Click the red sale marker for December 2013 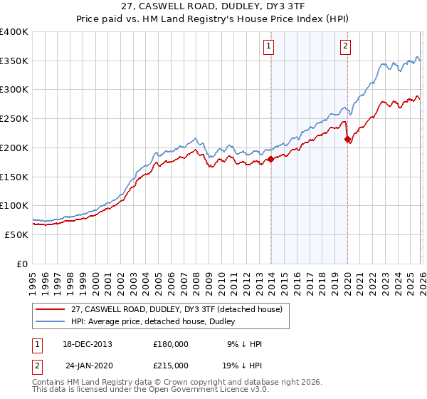[271, 160]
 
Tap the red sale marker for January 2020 [347, 140]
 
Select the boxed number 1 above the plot [269, 47]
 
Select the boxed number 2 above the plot [345, 47]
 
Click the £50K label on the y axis [16, 234]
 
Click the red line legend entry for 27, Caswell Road [177, 309]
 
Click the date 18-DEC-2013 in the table [88, 344]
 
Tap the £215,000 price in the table [171, 365]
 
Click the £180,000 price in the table [171, 344]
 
